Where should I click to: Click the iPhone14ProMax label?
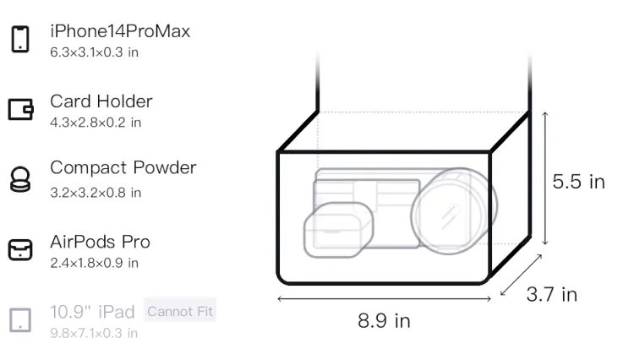pyautogui.click(x=120, y=31)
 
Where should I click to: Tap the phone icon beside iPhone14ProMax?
pyautogui.click(x=20, y=39)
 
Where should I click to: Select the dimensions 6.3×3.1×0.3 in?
pyautogui.click(x=94, y=52)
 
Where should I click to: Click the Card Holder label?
pyautogui.click(x=101, y=101)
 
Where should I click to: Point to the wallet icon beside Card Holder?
pyautogui.click(x=20, y=109)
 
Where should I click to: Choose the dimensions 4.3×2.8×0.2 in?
pyautogui.click(x=96, y=123)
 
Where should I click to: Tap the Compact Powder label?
pyautogui.click(x=123, y=167)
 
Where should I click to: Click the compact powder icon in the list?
pyautogui.click(x=20, y=179)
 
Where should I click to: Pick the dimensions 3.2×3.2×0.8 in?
pyautogui.click(x=96, y=193)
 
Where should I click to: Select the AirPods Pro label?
pyautogui.click(x=100, y=242)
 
